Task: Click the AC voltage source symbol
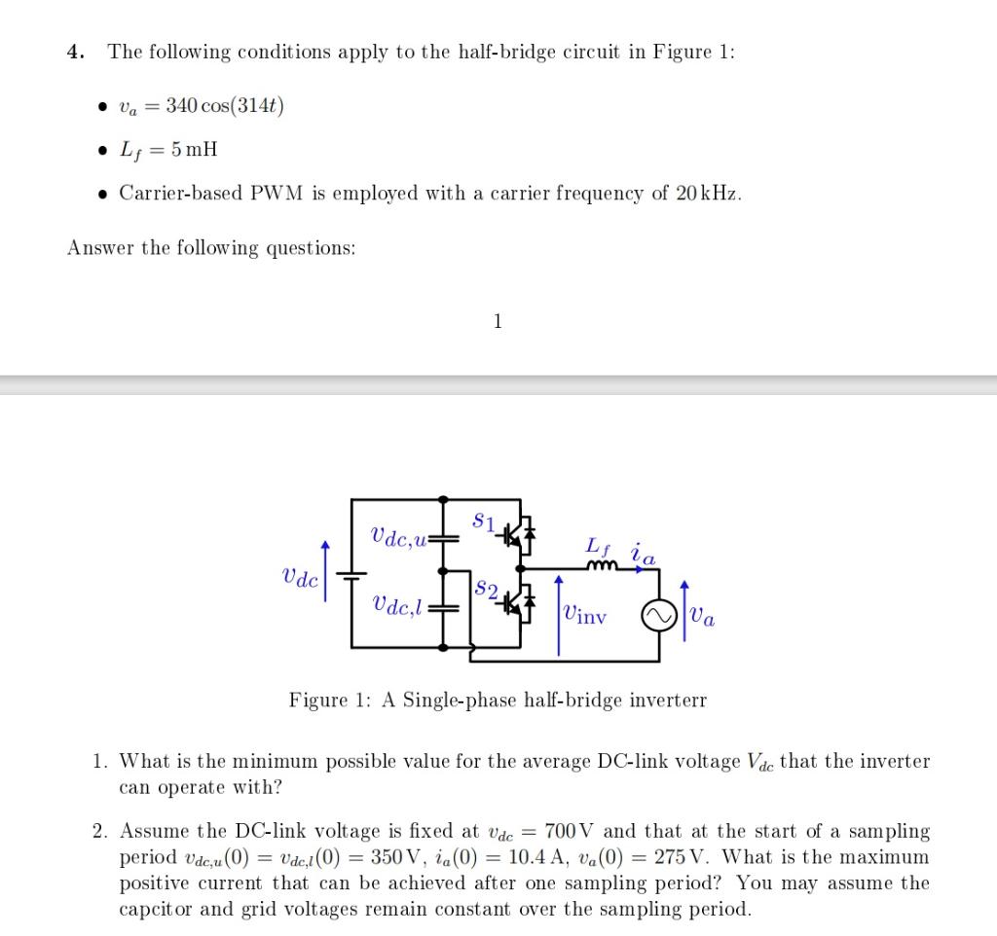pyautogui.click(x=654, y=616)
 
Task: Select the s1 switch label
pyautogui.click(x=484, y=522)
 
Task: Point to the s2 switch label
pyautogui.click(x=487, y=590)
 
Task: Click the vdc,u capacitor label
pyautogui.click(x=400, y=535)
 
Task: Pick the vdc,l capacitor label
pyautogui.click(x=397, y=604)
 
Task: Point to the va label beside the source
pyautogui.click(x=704, y=616)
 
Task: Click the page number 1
pyautogui.click(x=498, y=321)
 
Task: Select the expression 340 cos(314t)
pyautogui.click(x=224, y=105)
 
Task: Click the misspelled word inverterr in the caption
pyautogui.click(x=665, y=700)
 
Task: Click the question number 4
pyautogui.click(x=74, y=52)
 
